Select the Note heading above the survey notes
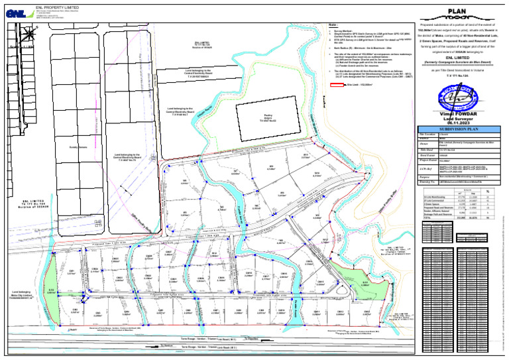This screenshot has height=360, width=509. click(x=333, y=25)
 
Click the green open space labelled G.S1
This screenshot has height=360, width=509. click(x=51, y=290)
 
